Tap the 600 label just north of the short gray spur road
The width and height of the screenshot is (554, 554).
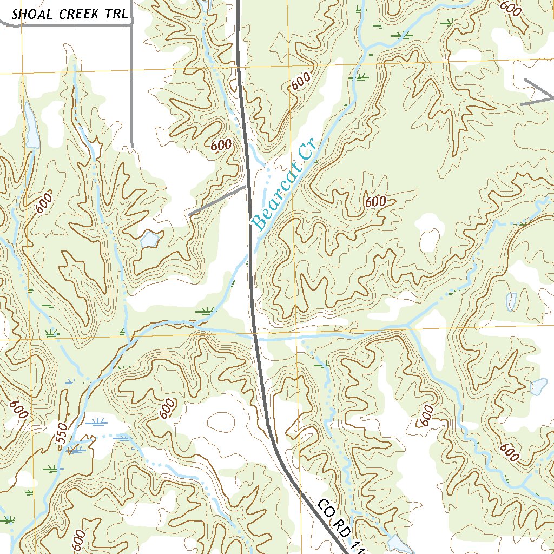tap(221, 145)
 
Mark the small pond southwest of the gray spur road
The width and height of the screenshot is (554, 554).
tap(150, 238)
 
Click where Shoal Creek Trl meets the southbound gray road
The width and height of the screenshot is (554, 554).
tap(130, 24)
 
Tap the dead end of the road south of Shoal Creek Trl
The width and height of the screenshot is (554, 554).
tap(131, 147)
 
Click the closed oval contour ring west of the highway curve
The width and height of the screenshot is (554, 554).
tap(222, 421)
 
